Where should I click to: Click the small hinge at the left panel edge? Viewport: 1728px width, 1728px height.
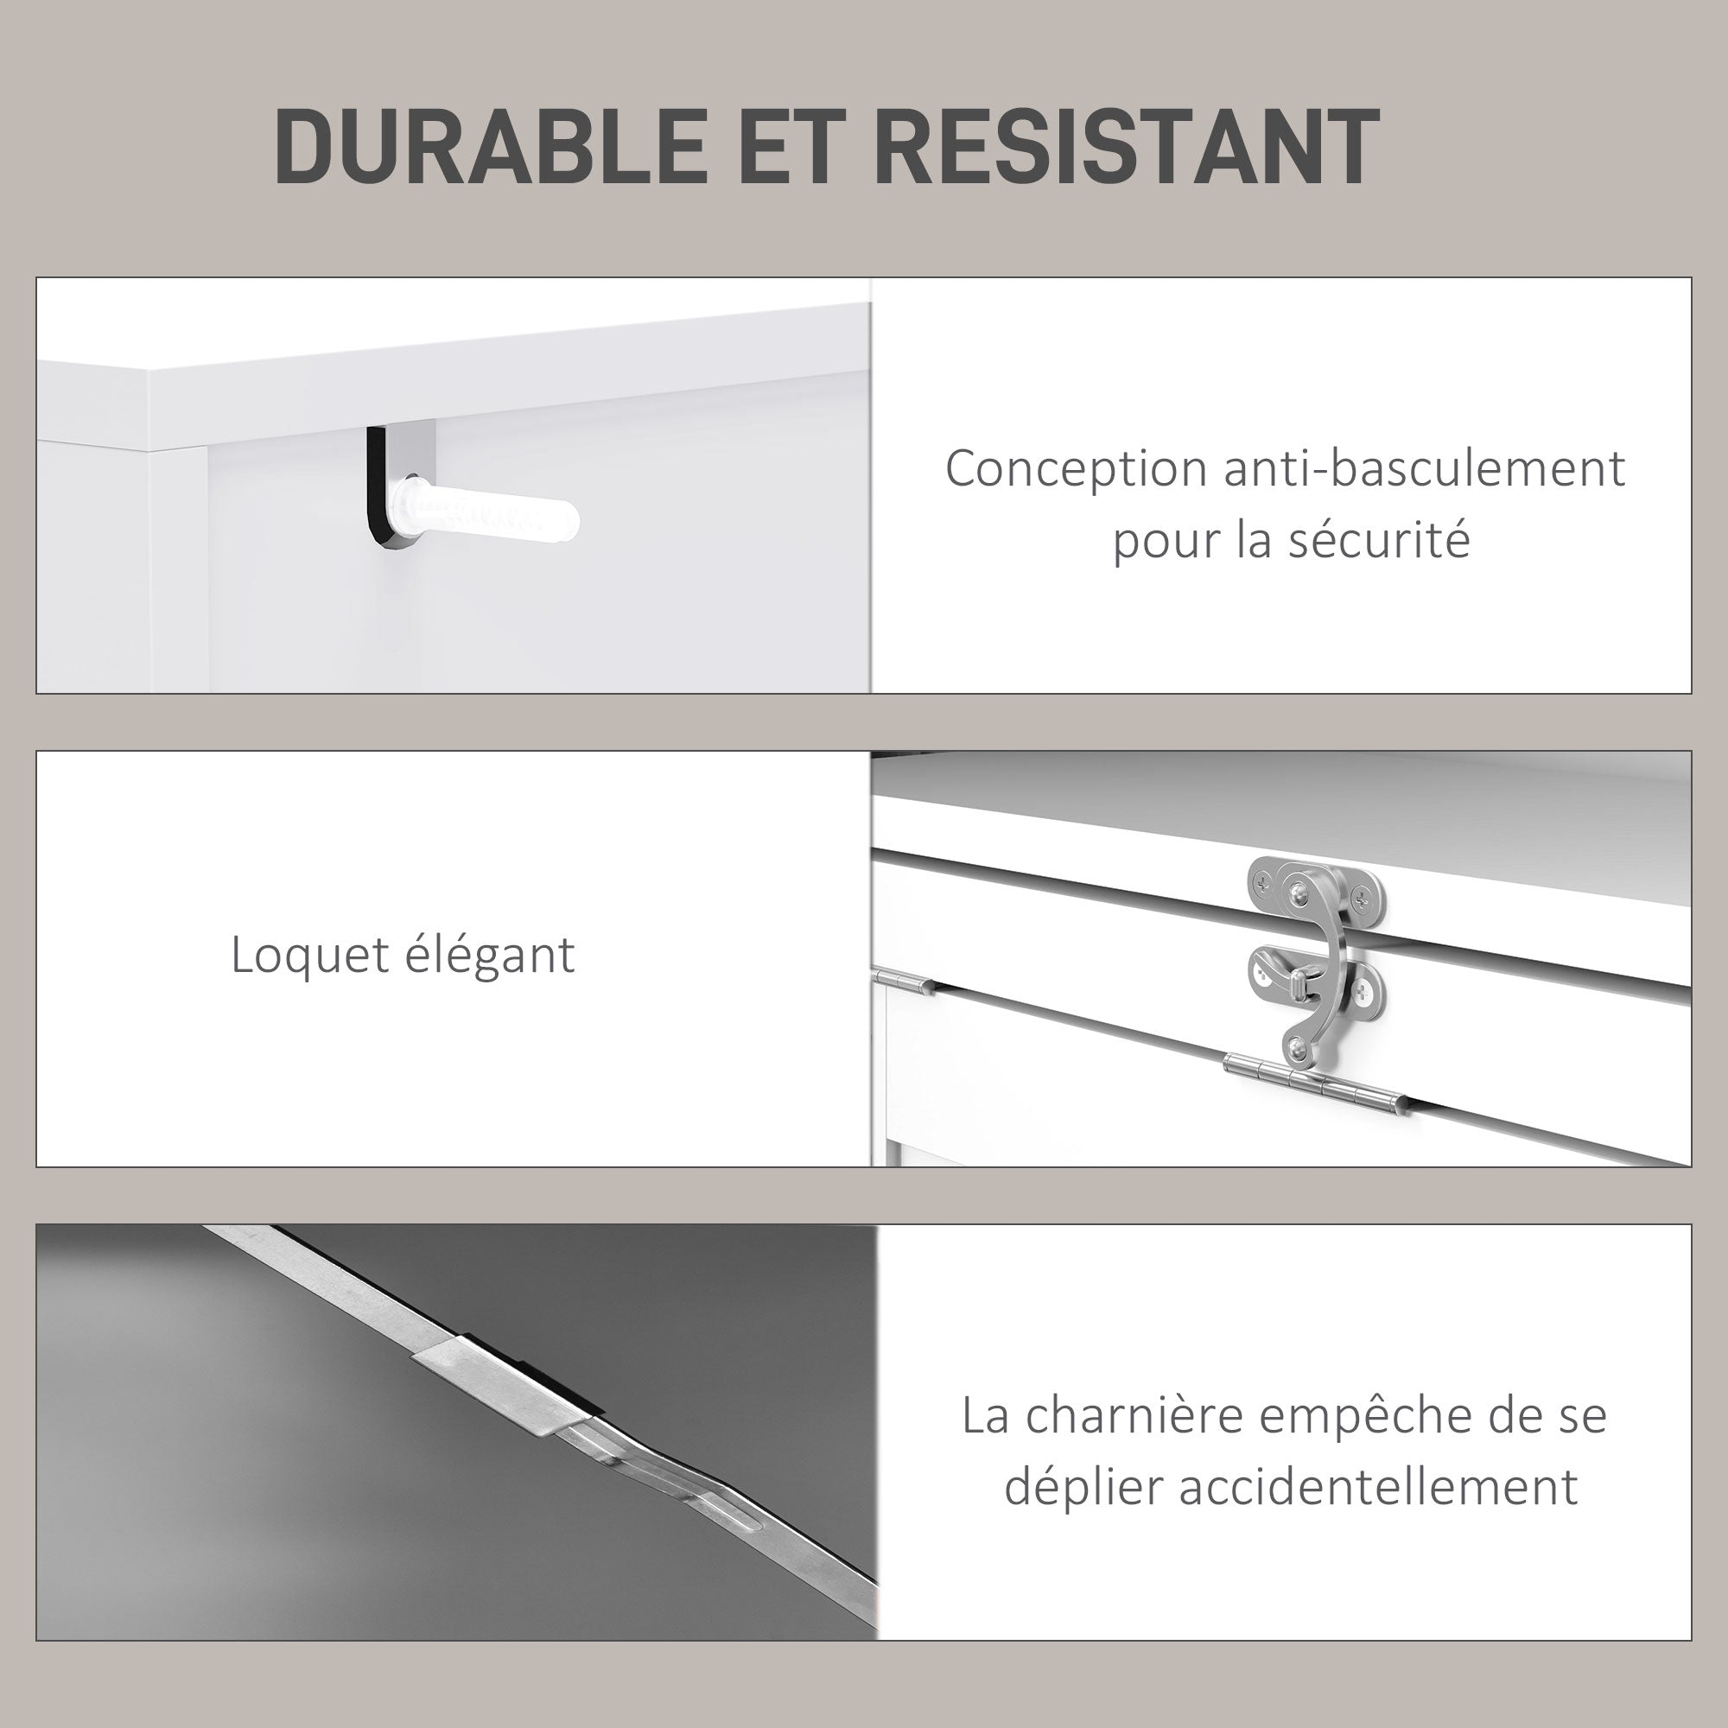coord(904,982)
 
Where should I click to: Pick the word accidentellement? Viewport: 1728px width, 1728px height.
coord(1377,1486)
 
